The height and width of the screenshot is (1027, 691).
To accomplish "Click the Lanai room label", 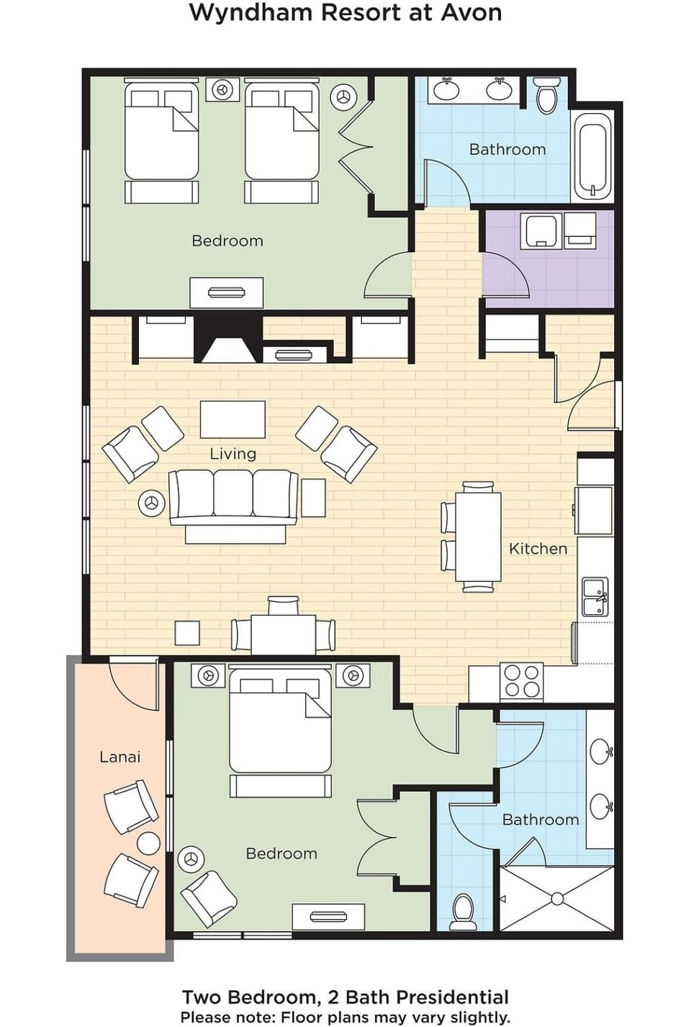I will pos(119,757).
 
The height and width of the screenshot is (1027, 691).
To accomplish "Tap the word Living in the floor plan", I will pos(232,454).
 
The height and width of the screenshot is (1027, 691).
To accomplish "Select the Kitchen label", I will pos(538,549).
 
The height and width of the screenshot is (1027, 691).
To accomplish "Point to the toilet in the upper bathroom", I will pos(547,97).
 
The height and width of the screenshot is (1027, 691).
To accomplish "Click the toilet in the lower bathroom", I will pos(463,912).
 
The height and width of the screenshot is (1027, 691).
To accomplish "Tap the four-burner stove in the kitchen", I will pos(522,681).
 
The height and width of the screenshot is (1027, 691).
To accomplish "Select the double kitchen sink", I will pos(595,597).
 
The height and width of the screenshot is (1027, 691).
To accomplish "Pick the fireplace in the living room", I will pos(227,343).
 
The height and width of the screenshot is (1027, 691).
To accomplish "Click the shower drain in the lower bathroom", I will pos(557,899).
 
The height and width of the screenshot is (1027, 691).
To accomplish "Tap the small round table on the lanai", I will pos(149,843).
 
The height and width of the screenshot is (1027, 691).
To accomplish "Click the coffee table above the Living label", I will pos(232,420).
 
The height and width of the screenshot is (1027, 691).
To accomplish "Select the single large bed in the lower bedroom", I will pos(280,731).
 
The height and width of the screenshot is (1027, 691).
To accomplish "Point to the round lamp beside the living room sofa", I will pos(151,502).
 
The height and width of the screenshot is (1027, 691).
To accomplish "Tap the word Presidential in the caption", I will pos(453,997).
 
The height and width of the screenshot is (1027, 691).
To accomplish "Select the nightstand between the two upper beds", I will pos(222,90).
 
